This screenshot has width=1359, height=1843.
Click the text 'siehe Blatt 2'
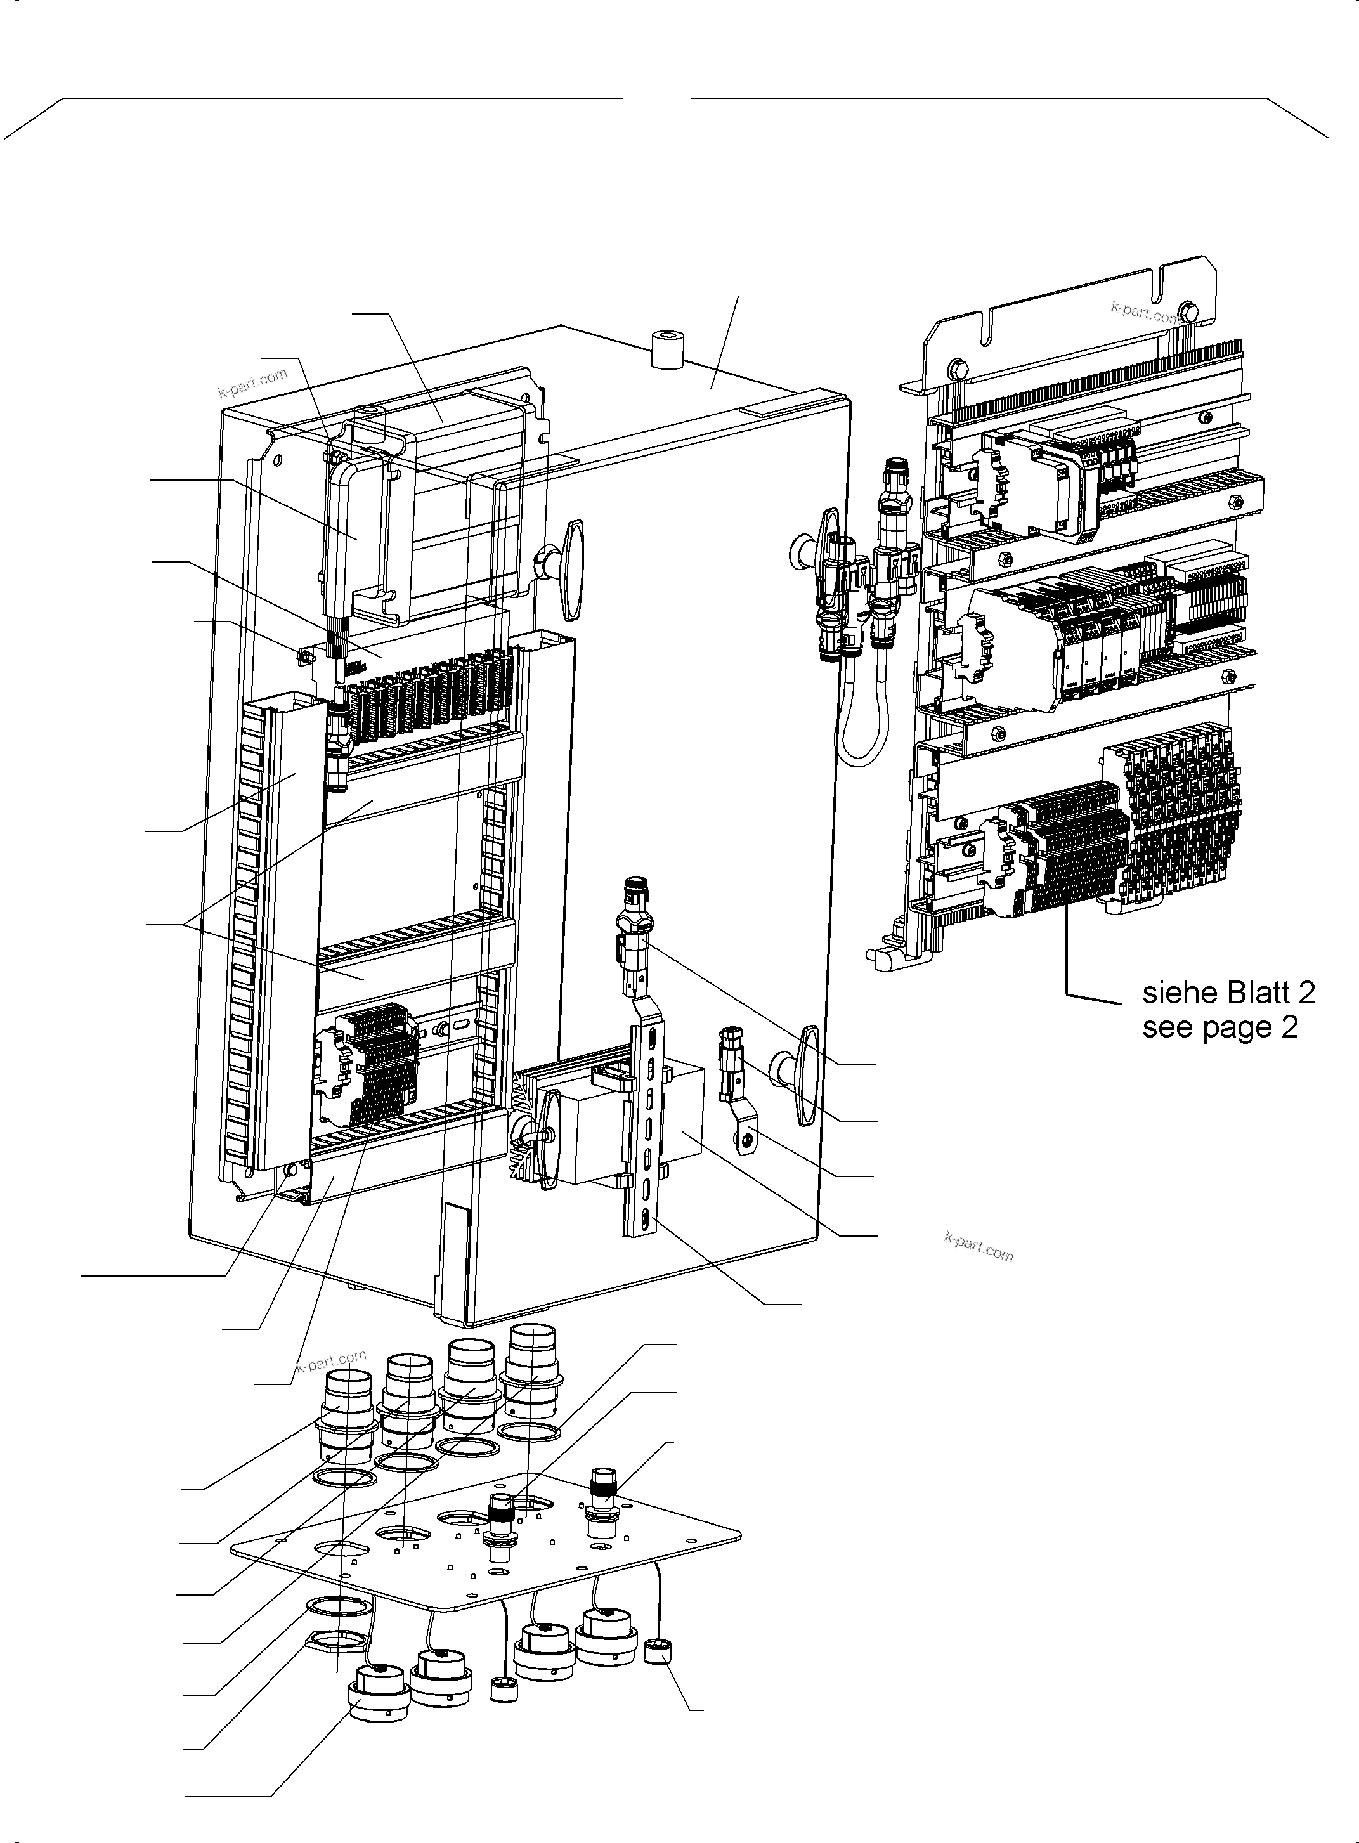coord(1228,993)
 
